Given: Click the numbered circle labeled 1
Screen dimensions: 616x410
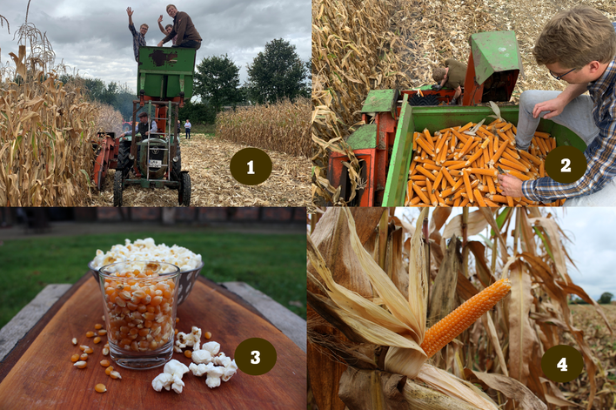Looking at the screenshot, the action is tap(251, 166).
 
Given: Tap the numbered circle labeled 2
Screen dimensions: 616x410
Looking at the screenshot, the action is tap(566, 165).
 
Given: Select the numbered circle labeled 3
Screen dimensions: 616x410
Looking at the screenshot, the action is tap(255, 357).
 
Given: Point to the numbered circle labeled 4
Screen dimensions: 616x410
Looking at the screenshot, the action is tap(562, 364).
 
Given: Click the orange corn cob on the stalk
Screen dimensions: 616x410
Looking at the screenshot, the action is tap(465, 316).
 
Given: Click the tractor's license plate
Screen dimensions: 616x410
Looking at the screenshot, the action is tap(154, 164).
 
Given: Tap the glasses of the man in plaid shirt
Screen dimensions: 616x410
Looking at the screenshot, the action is tap(562, 73).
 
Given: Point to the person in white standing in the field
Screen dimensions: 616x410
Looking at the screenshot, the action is tap(188, 129).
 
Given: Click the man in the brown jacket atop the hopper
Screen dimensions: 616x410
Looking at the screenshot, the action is tap(182, 27).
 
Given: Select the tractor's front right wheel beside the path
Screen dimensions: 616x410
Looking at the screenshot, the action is tap(184, 188).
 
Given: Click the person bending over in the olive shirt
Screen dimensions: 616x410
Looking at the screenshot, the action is tap(450, 77).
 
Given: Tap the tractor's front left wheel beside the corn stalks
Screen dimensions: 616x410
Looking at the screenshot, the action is tap(117, 189).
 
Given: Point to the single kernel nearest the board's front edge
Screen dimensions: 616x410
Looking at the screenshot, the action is tap(101, 388).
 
